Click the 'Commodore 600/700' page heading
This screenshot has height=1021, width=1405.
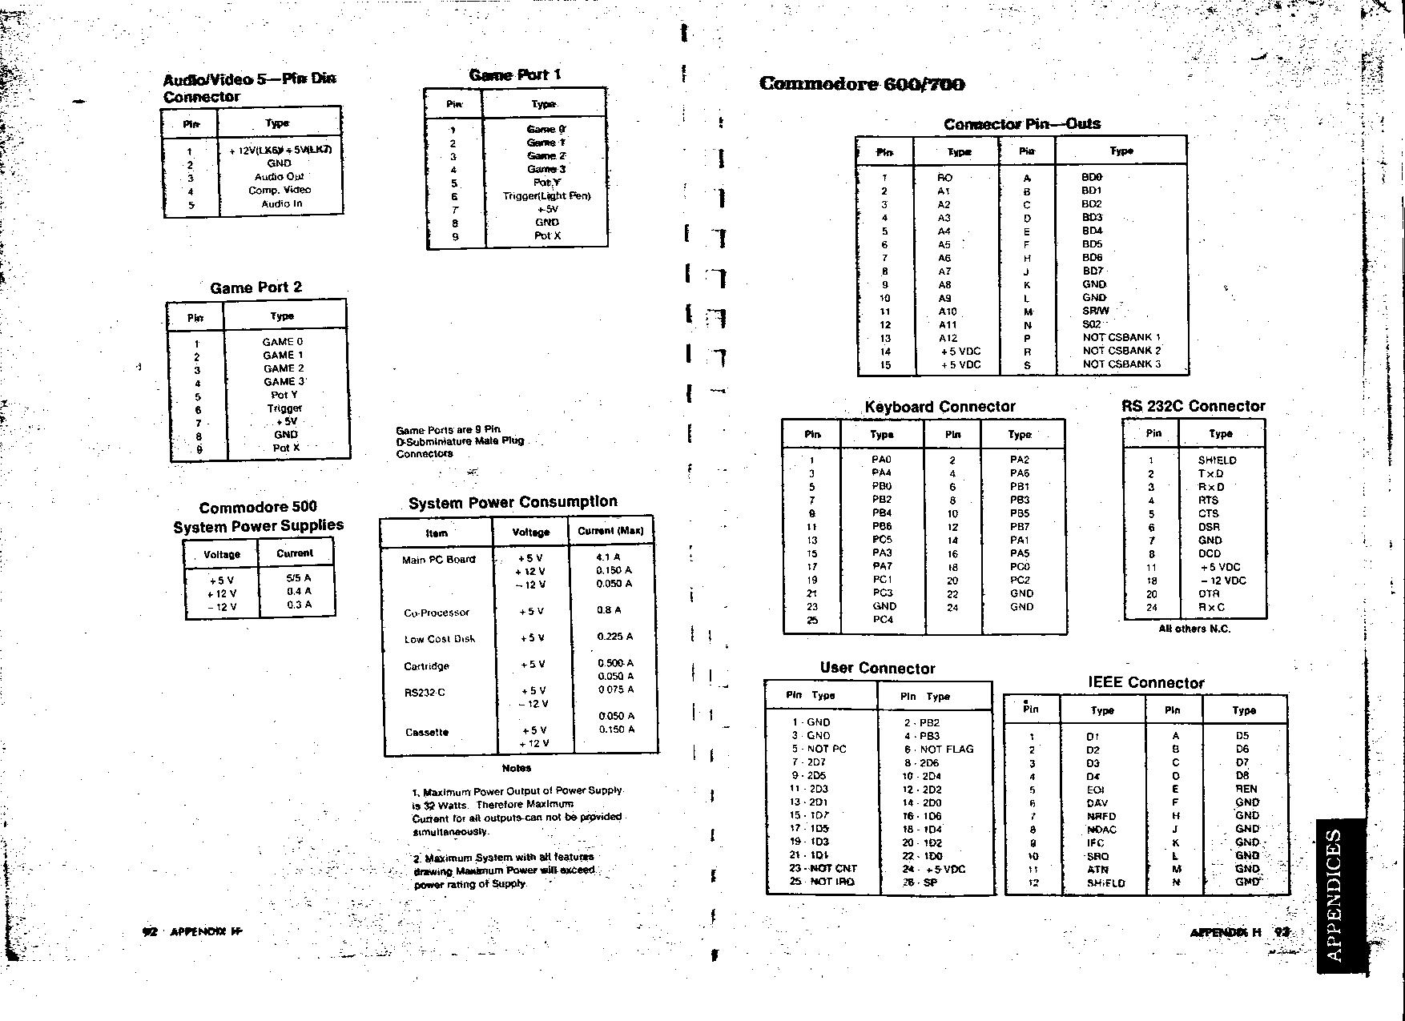coord(862,84)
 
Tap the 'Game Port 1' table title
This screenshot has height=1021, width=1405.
coord(514,75)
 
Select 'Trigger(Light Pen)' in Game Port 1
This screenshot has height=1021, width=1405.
coord(546,195)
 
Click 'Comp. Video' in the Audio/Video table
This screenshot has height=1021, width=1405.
coord(280,190)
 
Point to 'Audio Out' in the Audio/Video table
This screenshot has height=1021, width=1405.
coord(280,176)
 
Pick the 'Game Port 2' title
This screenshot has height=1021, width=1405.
coord(256,287)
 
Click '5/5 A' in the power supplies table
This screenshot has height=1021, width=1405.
coord(298,577)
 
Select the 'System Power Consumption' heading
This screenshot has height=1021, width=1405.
coord(513,502)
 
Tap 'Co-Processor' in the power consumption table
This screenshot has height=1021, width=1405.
coord(437,613)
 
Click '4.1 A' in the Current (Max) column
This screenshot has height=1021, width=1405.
coord(609,557)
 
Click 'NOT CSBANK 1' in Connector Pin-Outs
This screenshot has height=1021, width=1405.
coord(1121,337)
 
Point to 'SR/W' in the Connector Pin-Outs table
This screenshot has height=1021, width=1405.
coord(1095,311)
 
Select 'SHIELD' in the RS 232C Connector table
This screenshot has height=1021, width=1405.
coord(1217,460)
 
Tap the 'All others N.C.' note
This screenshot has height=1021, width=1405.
coord(1194,629)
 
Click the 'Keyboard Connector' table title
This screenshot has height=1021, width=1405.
coord(940,407)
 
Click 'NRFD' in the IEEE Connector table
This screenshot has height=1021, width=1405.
coord(1101,816)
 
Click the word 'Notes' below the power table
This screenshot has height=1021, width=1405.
coord(517,768)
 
